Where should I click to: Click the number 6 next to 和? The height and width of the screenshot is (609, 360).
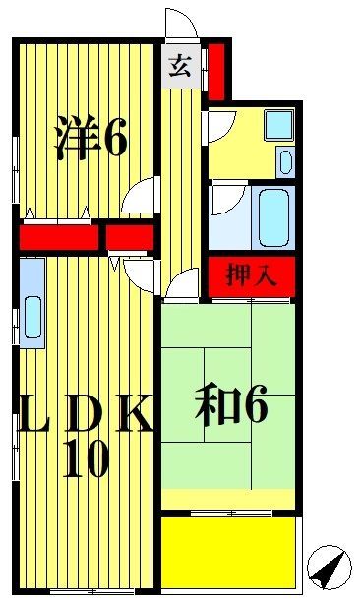coord(255,408)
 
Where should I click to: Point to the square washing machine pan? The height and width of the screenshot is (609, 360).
coord(278,125)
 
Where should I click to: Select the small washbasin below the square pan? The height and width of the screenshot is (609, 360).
coord(285,161)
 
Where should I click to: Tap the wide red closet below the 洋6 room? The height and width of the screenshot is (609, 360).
coord(60,238)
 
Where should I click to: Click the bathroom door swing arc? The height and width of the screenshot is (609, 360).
coord(225,202)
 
